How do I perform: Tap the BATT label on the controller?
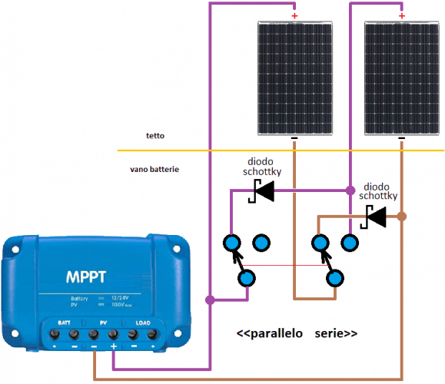pyautogui.click(x=64, y=323)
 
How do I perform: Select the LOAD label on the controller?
pyautogui.click(x=142, y=323)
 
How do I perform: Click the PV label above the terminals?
pyautogui.click(x=103, y=323)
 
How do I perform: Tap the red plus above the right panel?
pyautogui.click(x=401, y=15)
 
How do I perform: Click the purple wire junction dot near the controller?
pyautogui.click(x=209, y=298)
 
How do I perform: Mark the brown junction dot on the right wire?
pyautogui.click(x=401, y=217)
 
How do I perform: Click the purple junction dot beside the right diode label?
pyautogui.click(x=350, y=190)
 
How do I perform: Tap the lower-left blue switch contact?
pyautogui.click(x=246, y=278)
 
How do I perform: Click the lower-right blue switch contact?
pyautogui.click(x=334, y=278)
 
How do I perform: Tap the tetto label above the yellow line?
pyautogui.click(x=154, y=136)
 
